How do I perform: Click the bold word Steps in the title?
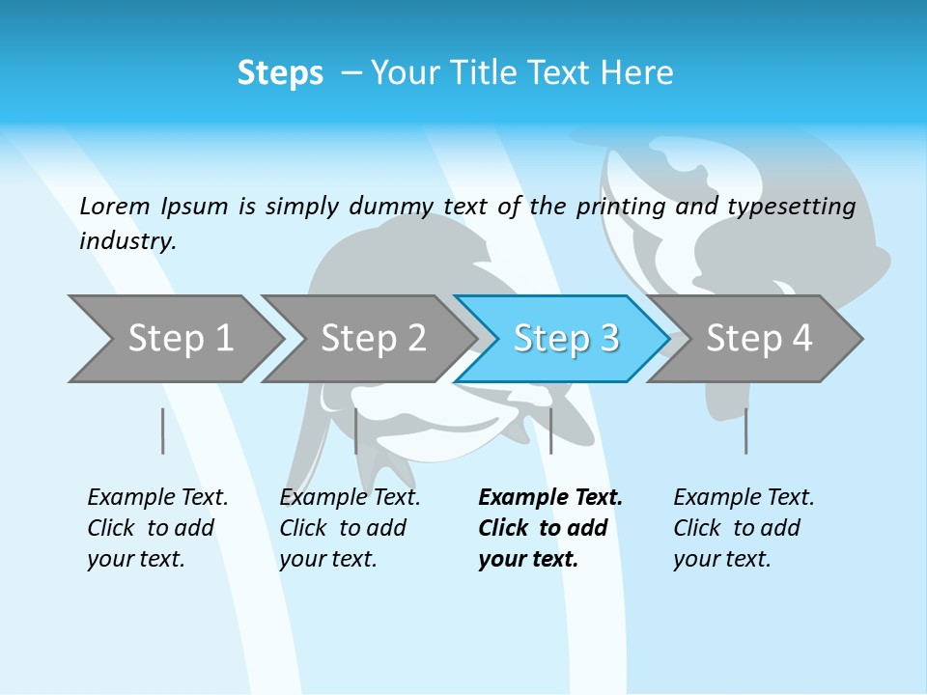(280, 73)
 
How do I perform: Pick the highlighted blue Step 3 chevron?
(566, 339)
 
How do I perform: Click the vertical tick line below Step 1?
(163, 431)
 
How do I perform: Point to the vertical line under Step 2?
(356, 431)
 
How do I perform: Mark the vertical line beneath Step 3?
(550, 431)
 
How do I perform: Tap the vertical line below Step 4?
(745, 431)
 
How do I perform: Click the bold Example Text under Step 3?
(550, 528)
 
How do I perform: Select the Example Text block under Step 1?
(157, 528)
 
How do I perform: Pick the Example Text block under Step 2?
(350, 528)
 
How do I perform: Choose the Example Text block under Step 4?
(744, 528)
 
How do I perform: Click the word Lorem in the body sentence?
(115, 207)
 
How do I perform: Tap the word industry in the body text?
(127, 241)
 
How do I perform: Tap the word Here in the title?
(636, 73)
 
